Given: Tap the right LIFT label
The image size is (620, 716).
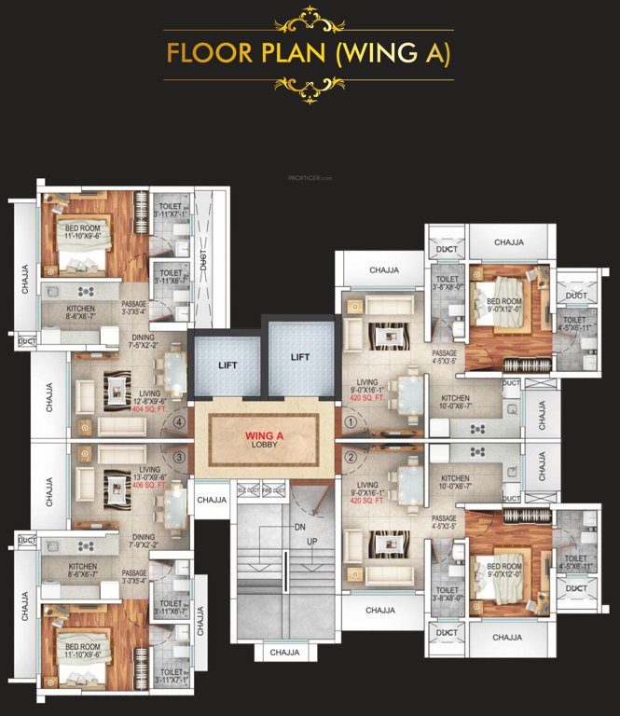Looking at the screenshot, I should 299,357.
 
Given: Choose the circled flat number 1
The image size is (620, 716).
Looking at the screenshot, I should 351,421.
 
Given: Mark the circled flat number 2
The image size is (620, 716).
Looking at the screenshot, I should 351,457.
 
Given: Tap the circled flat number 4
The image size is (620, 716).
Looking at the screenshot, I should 179,420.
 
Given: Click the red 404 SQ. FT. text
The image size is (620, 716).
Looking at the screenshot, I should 149,409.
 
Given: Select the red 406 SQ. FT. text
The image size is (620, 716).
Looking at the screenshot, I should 149,485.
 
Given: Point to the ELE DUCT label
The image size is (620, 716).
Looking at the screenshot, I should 248,489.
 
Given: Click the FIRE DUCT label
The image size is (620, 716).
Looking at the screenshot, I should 273,489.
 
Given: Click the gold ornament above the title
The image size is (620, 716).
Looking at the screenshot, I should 309,18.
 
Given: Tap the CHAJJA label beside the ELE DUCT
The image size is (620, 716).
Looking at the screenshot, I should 212,501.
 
